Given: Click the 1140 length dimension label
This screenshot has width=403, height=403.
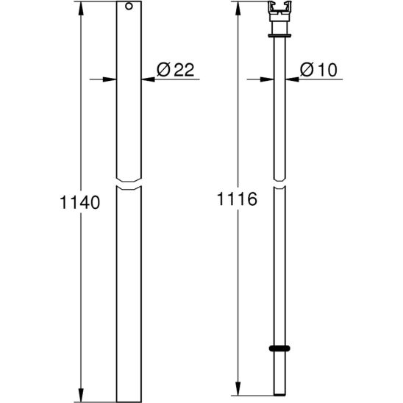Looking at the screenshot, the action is click(79, 202).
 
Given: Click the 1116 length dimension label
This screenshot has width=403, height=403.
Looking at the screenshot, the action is click(237, 199).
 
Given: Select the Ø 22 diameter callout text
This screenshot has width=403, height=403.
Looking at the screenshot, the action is click(176, 69).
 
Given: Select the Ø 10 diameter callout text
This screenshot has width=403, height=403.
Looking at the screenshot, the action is click(318, 69).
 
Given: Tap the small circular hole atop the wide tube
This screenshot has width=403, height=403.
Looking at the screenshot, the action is click(129, 6).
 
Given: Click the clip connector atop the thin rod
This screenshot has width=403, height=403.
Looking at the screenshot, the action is click(279, 11).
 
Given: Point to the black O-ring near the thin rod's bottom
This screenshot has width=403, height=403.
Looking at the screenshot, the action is click(279, 349).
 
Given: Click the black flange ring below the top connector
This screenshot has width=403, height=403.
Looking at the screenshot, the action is click(279, 35).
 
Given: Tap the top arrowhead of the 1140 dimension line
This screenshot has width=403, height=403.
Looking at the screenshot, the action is click(81, 7).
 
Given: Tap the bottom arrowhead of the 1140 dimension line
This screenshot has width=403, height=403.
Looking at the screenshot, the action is click(81, 395).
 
